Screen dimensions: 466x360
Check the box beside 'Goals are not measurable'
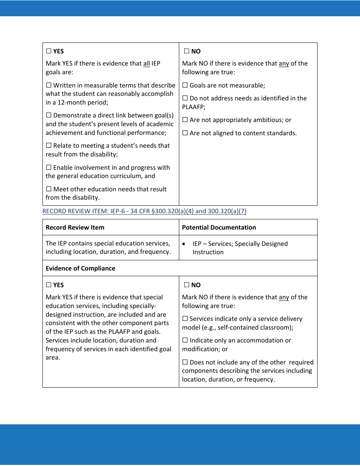point(185,86)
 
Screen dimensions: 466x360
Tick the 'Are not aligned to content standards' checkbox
point(185,133)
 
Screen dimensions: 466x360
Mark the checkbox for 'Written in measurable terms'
point(49,86)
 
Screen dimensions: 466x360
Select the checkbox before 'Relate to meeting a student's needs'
point(49,146)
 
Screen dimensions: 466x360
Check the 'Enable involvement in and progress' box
point(49,167)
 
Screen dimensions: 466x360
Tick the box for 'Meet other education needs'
point(49,189)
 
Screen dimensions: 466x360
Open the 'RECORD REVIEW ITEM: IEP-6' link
point(144,211)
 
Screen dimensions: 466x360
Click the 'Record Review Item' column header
point(75,227)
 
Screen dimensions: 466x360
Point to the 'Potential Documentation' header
point(219,227)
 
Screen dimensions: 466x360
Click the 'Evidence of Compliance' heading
point(80,268)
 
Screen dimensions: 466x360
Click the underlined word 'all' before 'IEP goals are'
point(147,64)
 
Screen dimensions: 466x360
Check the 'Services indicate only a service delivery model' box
point(185,319)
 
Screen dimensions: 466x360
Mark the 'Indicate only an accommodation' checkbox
point(185,341)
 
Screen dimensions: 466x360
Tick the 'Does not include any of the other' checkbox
point(185,363)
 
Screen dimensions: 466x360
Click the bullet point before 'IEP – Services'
point(184,244)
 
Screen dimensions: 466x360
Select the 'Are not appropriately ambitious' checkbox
point(185,120)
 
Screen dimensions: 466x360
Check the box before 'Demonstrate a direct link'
point(49,116)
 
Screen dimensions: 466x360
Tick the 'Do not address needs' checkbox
point(185,99)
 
